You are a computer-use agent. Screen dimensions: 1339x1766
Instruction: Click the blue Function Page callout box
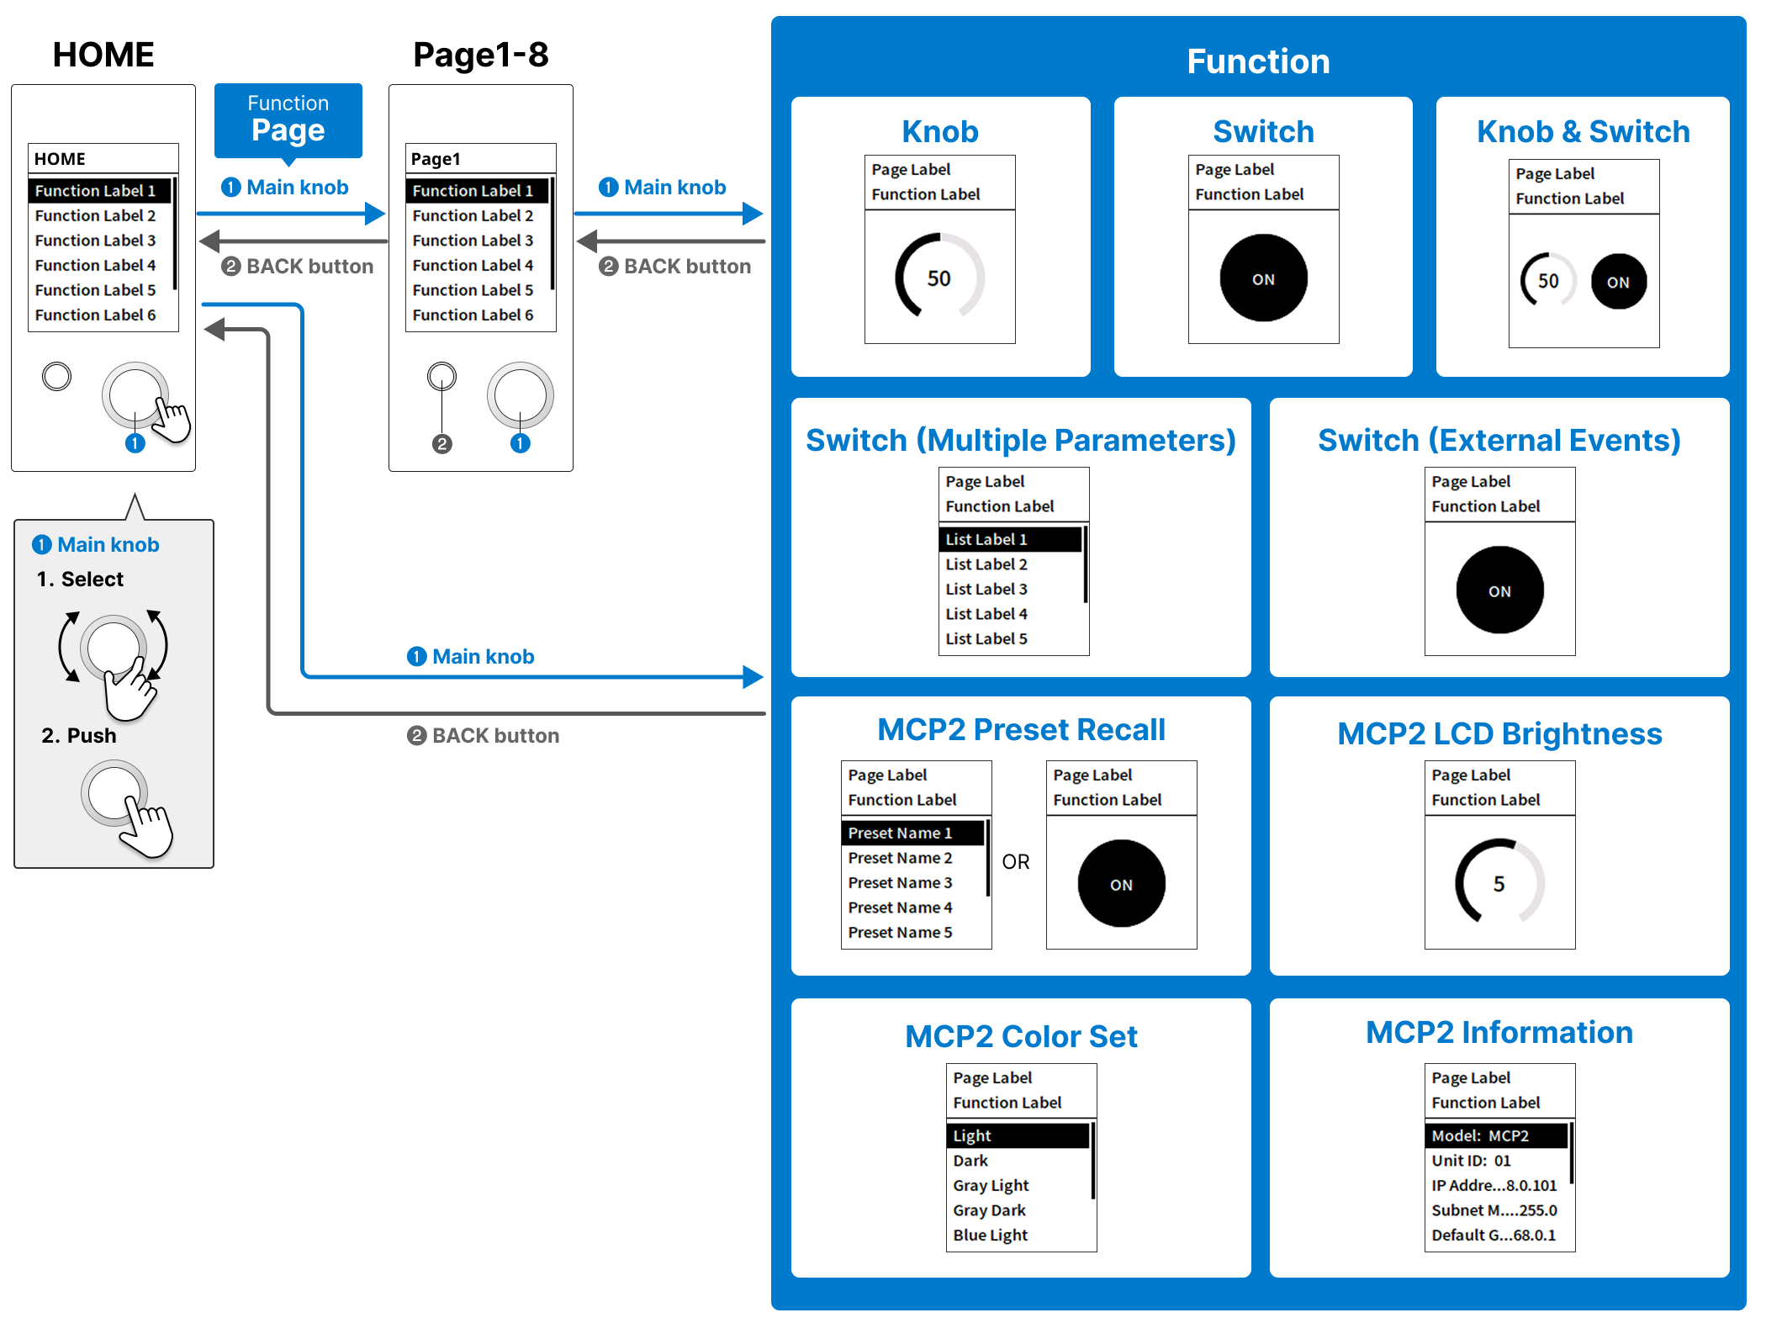(x=288, y=119)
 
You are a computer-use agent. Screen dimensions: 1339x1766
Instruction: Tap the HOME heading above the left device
(x=103, y=55)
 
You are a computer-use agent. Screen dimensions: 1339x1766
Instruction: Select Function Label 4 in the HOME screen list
(x=95, y=265)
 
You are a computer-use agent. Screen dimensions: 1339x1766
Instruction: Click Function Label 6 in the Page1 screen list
(x=473, y=315)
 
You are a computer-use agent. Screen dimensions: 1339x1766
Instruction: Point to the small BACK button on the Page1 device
(x=442, y=376)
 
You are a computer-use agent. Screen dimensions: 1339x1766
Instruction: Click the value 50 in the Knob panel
(x=939, y=278)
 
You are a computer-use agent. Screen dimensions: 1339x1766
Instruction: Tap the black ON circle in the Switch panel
(x=1263, y=278)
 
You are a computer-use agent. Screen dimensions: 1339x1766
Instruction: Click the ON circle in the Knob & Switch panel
(x=1618, y=282)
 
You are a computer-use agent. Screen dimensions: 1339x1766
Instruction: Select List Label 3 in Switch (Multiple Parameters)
(x=986, y=589)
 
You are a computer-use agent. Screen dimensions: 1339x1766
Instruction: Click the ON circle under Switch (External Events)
(x=1499, y=590)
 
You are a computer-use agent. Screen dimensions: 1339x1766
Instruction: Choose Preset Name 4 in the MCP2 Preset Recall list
(x=900, y=908)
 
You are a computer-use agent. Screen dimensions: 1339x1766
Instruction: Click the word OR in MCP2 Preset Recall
(x=1015, y=861)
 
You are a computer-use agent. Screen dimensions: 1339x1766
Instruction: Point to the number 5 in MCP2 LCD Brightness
(x=1499, y=884)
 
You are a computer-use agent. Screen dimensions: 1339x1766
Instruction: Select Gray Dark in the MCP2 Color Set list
(x=989, y=1210)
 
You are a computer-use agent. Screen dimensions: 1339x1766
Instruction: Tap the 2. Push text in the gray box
(x=79, y=735)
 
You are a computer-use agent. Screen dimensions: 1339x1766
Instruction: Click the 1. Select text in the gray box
(x=80, y=579)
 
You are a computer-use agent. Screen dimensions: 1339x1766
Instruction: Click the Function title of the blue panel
(x=1258, y=61)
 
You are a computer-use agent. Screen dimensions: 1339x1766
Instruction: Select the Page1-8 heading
(x=480, y=55)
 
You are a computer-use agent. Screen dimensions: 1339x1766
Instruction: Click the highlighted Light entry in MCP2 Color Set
(x=972, y=1135)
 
